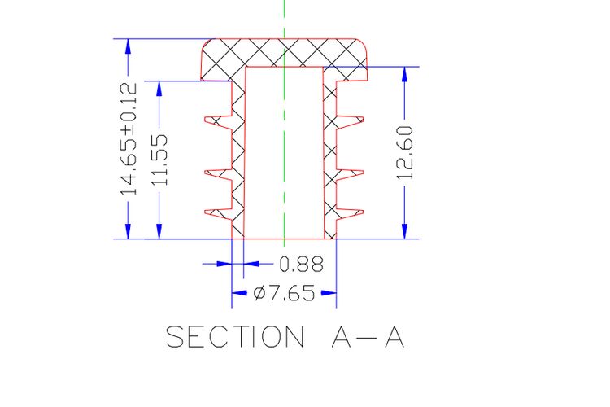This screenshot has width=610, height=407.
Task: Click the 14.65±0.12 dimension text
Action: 129,138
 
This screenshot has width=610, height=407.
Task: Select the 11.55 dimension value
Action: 159,160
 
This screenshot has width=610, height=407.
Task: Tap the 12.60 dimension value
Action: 405,152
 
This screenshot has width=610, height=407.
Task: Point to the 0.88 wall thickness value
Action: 302,264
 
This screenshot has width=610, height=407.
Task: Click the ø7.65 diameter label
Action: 284,293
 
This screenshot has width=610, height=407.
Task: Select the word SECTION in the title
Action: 235,336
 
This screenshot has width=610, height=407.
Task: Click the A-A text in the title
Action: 368,337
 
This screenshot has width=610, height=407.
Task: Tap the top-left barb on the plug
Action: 218,122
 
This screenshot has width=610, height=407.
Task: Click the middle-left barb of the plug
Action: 218,175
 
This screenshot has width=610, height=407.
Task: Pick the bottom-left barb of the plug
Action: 218,214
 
